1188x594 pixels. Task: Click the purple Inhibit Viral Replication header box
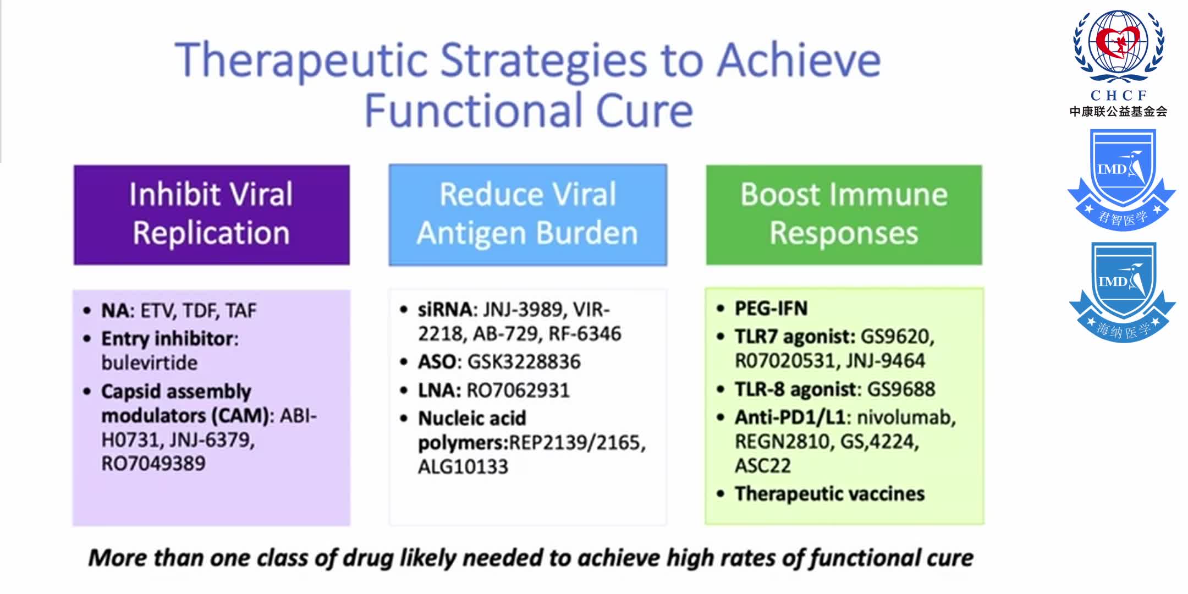tap(211, 215)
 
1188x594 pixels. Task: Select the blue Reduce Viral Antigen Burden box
tap(527, 215)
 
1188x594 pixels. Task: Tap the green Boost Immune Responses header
tap(844, 215)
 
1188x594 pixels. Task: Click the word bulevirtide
tap(149, 363)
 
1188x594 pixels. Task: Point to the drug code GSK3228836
tap(524, 362)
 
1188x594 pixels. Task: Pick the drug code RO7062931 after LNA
tap(518, 391)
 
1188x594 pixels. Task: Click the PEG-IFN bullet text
tap(771, 309)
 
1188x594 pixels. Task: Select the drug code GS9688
tap(901, 389)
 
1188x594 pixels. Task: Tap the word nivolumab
tap(906, 418)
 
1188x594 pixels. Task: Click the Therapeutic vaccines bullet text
tap(829, 494)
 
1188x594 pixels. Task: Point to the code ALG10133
tap(463, 467)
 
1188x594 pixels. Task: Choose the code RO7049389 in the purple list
tap(153, 464)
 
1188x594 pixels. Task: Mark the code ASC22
tap(762, 466)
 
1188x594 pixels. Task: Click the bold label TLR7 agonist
tap(794, 337)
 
